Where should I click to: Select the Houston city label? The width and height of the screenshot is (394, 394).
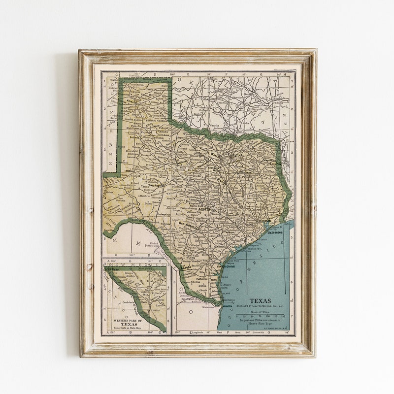(x=264, y=221)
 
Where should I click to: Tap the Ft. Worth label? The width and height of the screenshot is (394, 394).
(x=213, y=154)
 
